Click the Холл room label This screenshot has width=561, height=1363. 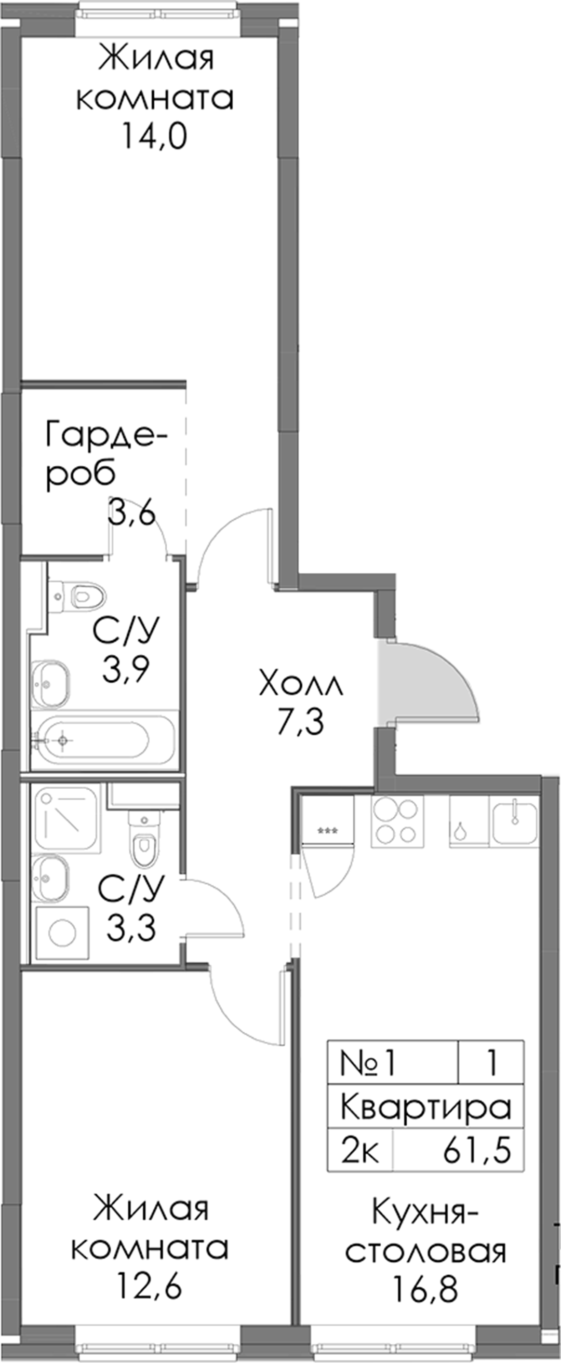[x=301, y=685]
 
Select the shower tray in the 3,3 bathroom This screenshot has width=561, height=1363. [x=66, y=818]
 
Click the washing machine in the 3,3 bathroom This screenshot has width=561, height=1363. [x=62, y=933]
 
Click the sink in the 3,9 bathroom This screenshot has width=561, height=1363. [x=50, y=684]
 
